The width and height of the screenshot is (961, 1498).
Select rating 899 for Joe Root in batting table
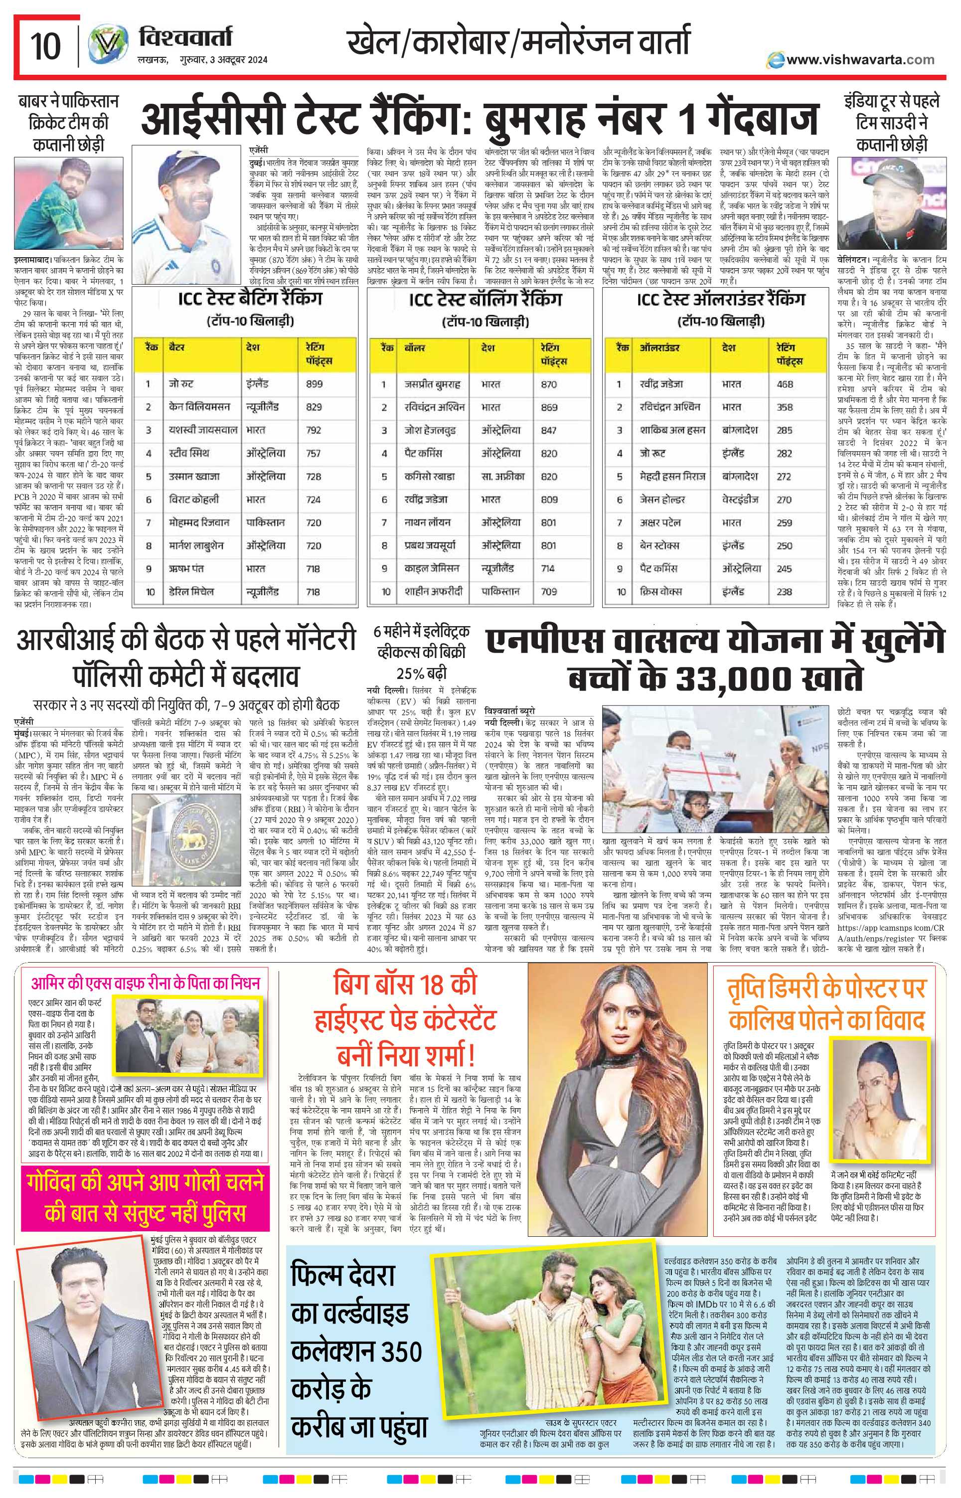coord(315,384)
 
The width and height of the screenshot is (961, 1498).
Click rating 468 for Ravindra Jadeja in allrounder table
coord(785,384)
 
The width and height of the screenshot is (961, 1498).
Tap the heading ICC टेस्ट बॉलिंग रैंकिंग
coord(485,300)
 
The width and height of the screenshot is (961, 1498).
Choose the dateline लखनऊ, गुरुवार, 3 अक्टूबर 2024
coord(202,60)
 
